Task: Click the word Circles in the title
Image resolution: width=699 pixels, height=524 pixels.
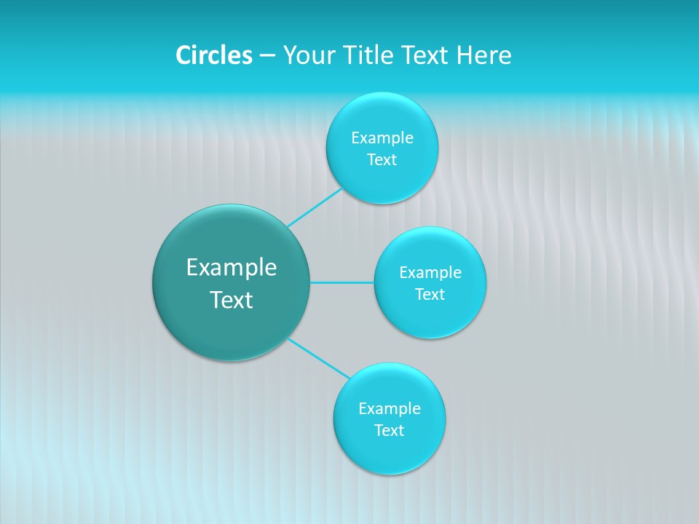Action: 214,55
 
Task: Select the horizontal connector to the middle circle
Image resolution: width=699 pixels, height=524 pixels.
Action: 342,282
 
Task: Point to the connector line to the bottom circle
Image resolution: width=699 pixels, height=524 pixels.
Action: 319,358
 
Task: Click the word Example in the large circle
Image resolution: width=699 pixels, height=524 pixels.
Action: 232,268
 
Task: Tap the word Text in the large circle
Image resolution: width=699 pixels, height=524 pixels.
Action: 232,300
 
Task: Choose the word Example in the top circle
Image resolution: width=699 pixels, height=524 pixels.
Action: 382,138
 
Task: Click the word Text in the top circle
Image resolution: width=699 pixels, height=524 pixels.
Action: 382,160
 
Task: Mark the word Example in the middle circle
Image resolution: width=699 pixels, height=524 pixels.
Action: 430,273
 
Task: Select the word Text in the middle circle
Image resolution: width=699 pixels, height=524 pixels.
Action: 430,295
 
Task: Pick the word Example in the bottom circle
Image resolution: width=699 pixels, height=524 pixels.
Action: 390,409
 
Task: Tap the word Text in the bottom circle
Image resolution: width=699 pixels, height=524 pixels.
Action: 389,431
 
